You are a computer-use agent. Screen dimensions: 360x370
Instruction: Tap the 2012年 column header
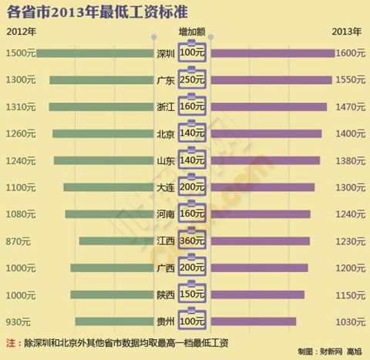[x=20, y=33]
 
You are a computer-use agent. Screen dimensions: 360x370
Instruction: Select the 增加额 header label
[x=192, y=33]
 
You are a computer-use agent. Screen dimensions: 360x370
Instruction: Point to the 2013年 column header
[x=348, y=33]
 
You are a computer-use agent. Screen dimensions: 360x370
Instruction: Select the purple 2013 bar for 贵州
[x=254, y=321]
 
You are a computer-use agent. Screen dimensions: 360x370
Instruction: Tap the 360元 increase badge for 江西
[x=193, y=241]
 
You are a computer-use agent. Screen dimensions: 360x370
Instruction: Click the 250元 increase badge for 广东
[x=193, y=80]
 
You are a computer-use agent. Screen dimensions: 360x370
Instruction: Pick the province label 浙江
[x=166, y=107]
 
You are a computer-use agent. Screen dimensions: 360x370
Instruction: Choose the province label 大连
[x=166, y=187]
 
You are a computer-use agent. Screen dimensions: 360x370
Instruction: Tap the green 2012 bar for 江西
[x=116, y=241]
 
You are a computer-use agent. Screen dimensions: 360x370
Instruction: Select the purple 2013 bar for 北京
[x=266, y=133]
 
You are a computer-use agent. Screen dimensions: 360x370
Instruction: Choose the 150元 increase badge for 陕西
[x=193, y=294]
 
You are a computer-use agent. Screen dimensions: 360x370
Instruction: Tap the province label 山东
[x=166, y=160]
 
